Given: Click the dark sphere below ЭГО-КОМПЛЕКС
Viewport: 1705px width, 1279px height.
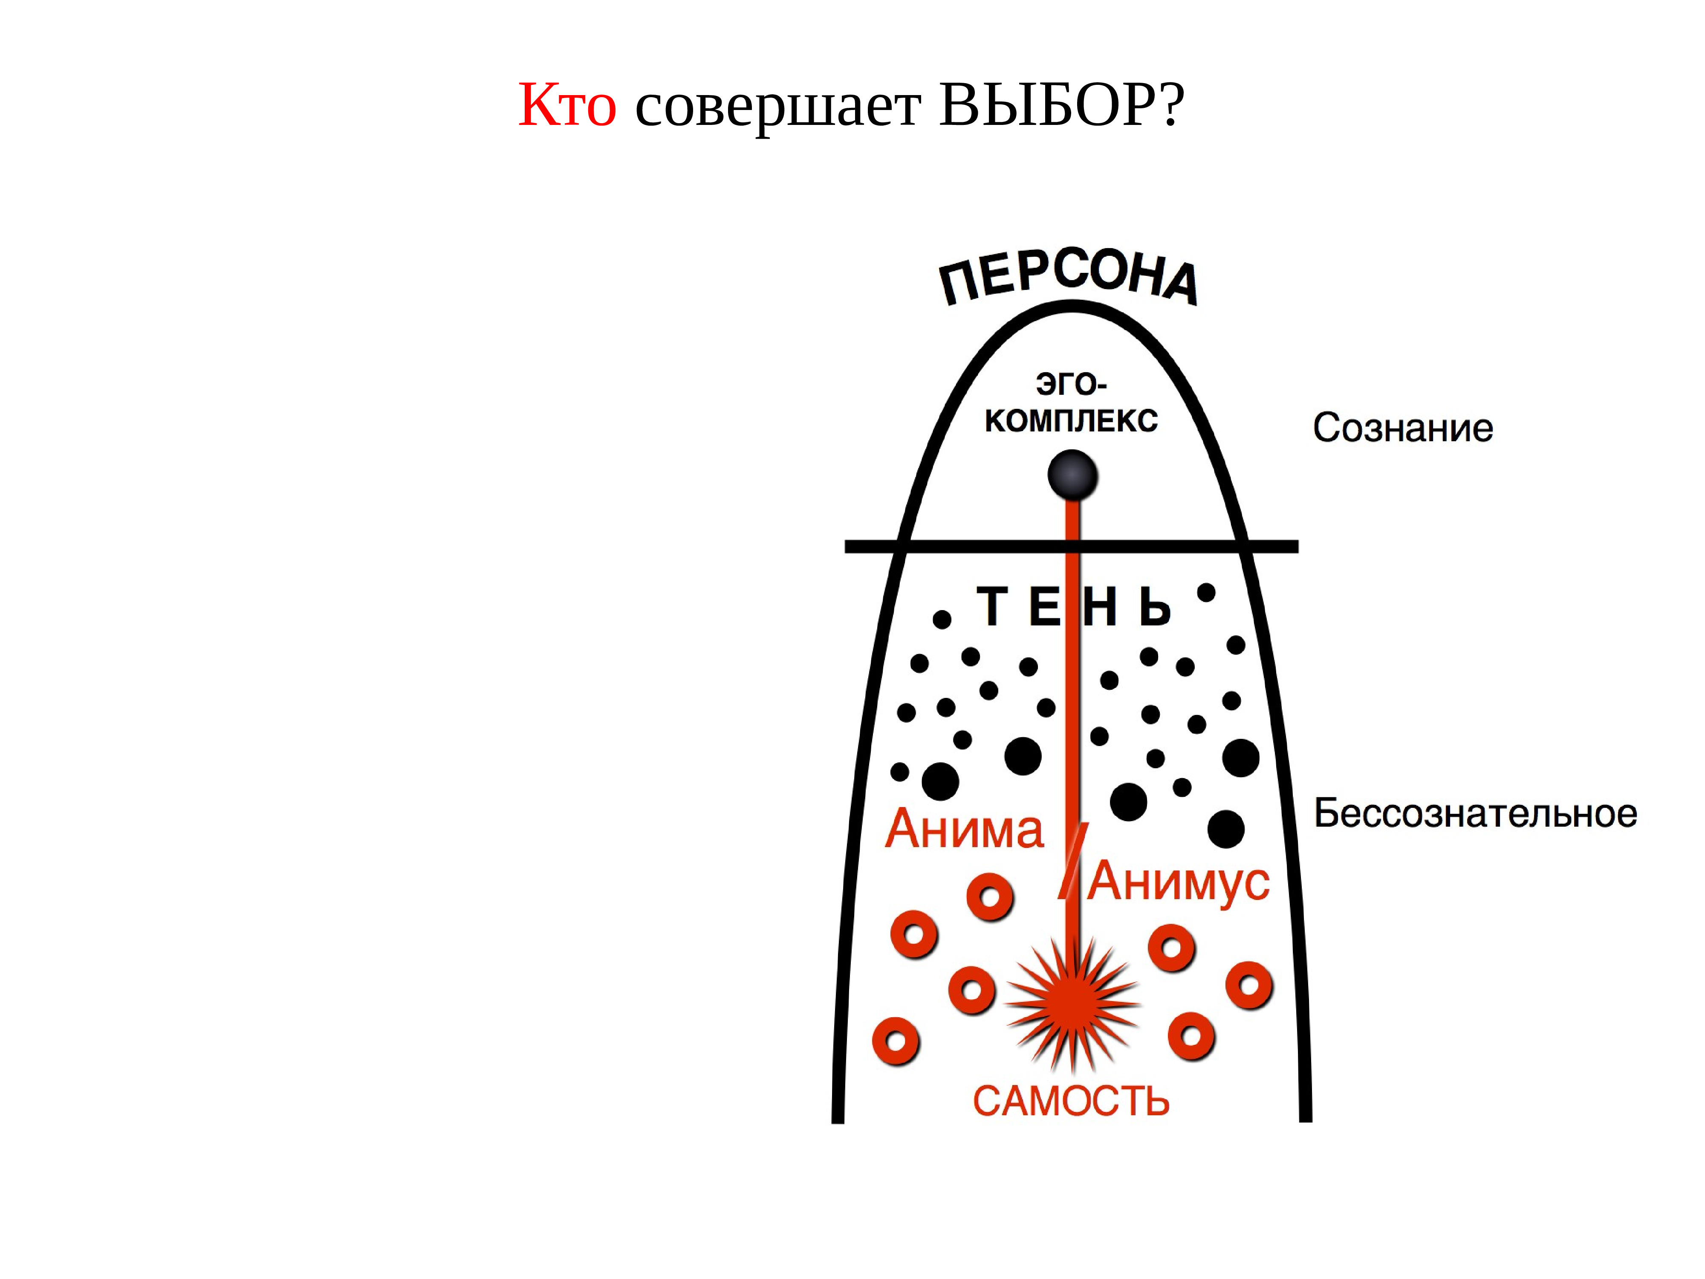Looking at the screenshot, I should click(x=1072, y=475).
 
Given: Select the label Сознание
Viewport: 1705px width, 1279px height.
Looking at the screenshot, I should click(x=1403, y=428).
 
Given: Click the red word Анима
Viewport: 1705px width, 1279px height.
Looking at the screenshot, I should click(x=964, y=830).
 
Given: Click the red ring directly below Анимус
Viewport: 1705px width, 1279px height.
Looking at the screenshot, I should click(x=1172, y=947).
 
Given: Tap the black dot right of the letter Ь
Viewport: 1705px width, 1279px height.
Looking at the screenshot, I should click(x=1206, y=593).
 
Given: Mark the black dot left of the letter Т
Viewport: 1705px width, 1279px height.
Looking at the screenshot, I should click(x=942, y=619).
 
